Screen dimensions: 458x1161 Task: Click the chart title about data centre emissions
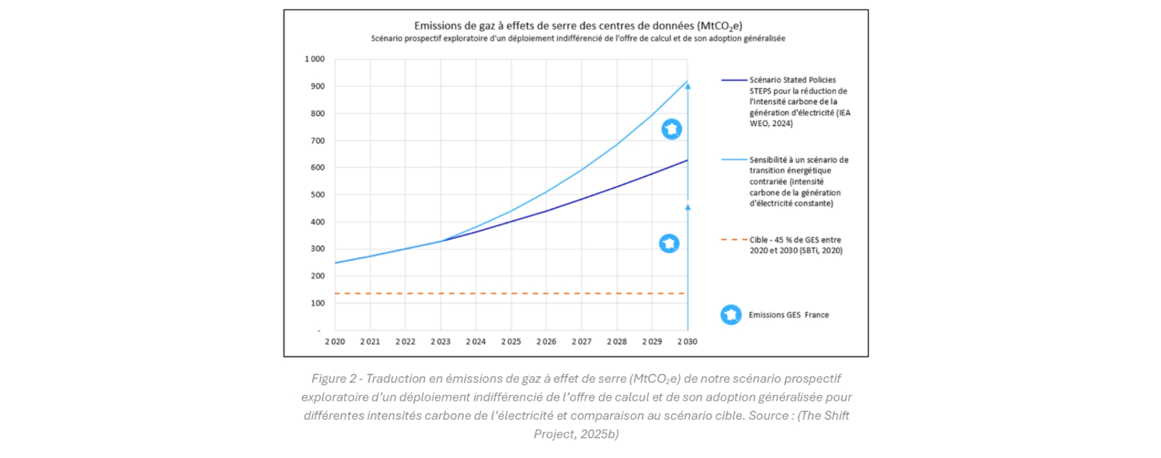[577, 26]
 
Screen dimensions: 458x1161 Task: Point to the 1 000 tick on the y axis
[315, 59]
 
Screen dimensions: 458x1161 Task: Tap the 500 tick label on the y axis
[318, 195]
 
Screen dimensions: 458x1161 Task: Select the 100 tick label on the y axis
[318, 303]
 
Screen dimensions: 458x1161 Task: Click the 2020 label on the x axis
[335, 342]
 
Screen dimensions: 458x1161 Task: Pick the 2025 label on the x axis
[511, 342]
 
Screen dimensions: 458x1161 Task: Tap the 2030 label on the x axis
[687, 342]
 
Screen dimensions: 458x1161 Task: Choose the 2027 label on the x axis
[581, 342]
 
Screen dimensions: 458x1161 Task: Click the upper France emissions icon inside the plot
[672, 129]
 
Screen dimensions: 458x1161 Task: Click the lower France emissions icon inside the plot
[669, 244]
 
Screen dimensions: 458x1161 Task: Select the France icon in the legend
[731, 314]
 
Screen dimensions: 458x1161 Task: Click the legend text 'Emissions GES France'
[788, 315]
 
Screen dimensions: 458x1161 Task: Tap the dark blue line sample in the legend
[734, 80]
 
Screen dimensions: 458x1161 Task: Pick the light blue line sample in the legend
[734, 160]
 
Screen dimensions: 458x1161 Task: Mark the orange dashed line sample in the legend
[734, 240]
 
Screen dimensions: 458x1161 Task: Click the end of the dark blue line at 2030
[687, 161]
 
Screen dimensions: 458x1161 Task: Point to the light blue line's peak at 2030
[687, 81]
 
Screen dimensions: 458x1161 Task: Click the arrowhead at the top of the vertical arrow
[688, 87]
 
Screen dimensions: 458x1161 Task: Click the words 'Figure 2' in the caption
[334, 379]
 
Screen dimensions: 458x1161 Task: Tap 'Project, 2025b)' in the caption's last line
[576, 434]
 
